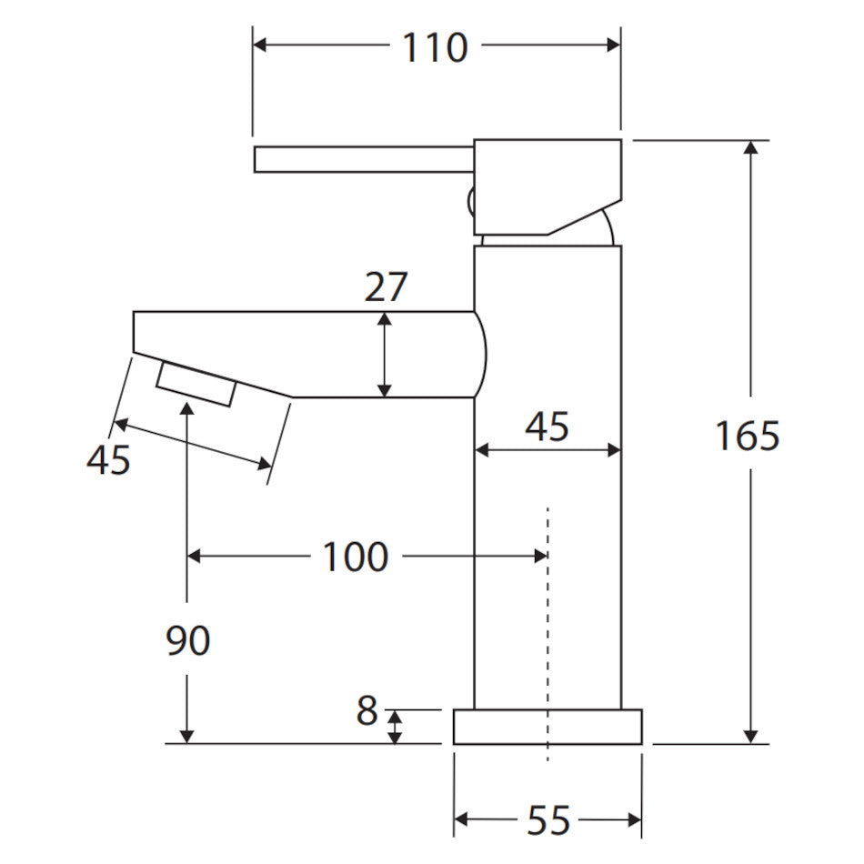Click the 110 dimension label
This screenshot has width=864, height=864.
[435, 47]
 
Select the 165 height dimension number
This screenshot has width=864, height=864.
[748, 436]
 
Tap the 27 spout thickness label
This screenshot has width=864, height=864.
[386, 286]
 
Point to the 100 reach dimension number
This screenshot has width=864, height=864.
[356, 557]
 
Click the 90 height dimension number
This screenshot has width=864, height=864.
[188, 640]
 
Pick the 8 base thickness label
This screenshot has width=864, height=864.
[367, 711]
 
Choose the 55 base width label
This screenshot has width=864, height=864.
[548, 820]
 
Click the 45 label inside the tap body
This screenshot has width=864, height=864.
[547, 427]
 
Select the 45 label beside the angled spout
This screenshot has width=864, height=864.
[108, 459]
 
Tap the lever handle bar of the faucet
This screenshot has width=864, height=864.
[364, 159]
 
